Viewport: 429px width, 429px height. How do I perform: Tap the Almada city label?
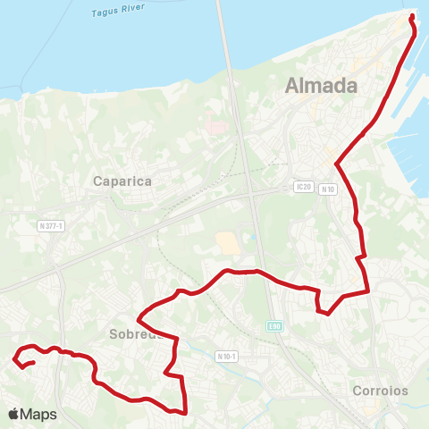[321, 86]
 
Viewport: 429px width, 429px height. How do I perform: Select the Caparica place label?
[123, 181]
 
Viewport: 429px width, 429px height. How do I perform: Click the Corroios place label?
[380, 391]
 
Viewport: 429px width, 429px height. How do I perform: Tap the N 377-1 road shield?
[51, 226]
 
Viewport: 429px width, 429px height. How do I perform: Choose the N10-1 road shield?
[227, 356]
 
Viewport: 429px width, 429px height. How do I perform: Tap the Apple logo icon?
[13, 415]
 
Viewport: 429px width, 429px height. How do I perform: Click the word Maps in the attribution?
[38, 415]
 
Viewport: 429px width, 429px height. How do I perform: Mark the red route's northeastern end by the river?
[412, 17]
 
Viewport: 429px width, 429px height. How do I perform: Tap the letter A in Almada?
[292, 87]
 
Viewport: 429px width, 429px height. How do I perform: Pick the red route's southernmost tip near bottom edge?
[184, 413]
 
